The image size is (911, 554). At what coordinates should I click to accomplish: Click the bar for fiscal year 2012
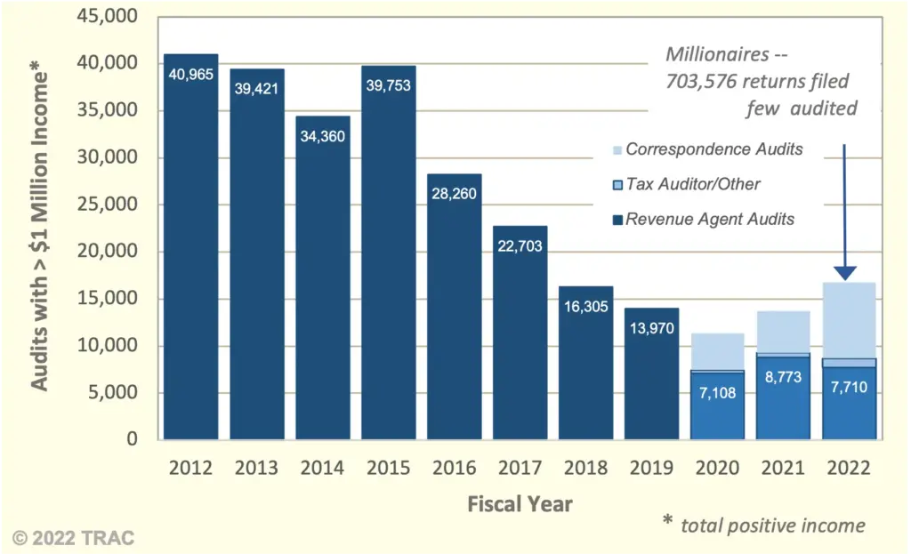[x=190, y=249]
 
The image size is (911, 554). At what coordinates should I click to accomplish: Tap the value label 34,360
[x=322, y=136]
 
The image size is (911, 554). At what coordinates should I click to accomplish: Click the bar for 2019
[x=651, y=373]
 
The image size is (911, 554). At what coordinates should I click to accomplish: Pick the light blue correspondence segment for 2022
[x=849, y=320]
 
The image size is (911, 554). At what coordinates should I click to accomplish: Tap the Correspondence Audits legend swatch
[x=617, y=149]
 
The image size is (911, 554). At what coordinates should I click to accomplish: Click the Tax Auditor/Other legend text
[x=693, y=184]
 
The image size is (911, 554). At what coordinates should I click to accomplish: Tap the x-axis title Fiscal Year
[x=520, y=503]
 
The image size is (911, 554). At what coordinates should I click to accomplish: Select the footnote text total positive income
[x=772, y=525]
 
